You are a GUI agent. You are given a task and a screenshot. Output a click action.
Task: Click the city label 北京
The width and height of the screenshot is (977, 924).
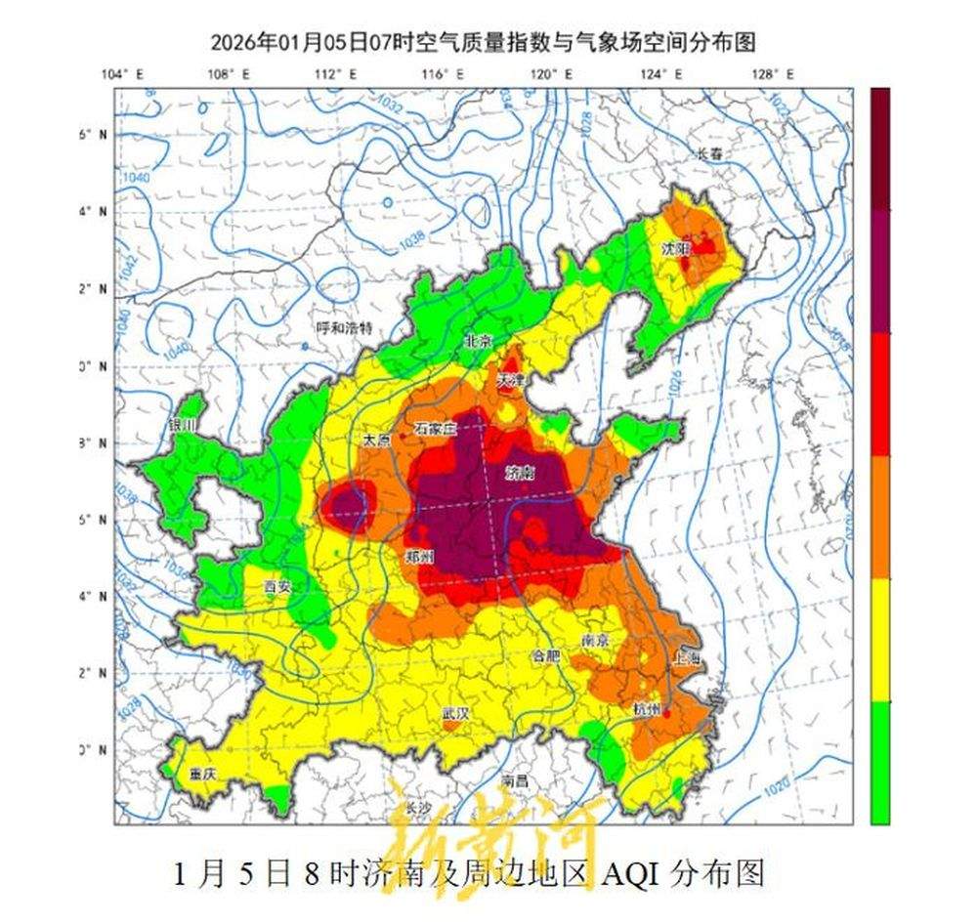(x=479, y=341)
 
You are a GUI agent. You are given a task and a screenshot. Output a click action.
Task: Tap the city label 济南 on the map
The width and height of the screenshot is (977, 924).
(x=520, y=474)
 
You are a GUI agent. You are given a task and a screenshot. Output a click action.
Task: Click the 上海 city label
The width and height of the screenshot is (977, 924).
(x=687, y=660)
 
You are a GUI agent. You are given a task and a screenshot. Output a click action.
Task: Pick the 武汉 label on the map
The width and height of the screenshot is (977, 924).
(x=455, y=714)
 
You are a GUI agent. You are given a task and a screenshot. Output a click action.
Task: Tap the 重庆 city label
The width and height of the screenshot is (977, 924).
(x=202, y=774)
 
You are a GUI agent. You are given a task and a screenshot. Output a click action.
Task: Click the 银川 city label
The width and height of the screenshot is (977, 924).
(x=183, y=426)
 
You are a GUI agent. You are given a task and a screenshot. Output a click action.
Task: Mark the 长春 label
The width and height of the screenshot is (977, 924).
(x=713, y=153)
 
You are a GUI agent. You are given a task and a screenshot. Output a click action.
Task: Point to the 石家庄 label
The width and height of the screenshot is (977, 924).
(x=435, y=428)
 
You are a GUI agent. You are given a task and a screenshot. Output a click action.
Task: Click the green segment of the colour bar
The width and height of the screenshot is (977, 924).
(x=880, y=762)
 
